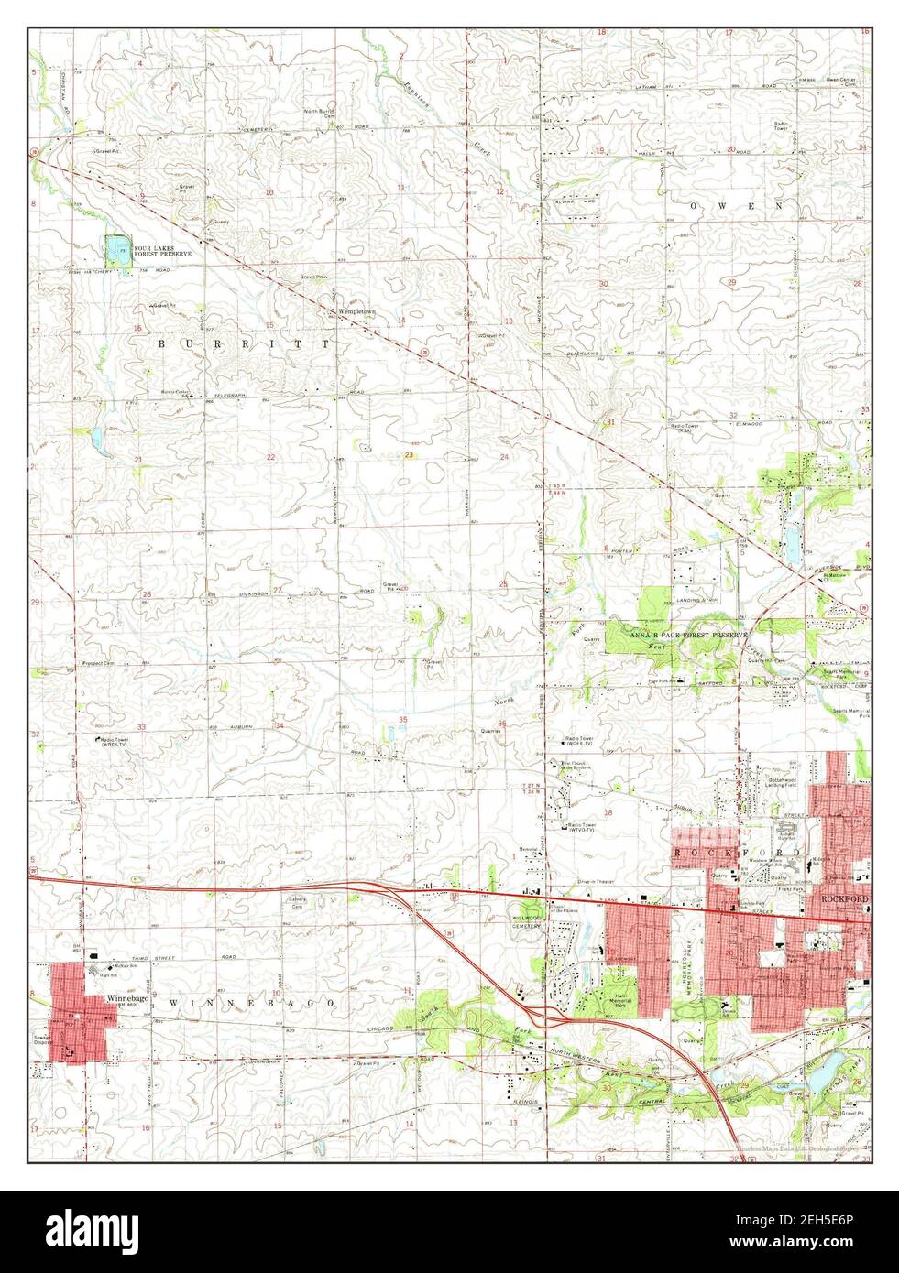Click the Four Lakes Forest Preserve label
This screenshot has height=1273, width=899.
162,250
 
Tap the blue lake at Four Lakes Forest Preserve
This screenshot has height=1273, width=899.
115,249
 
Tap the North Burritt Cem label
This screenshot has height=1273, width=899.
321,114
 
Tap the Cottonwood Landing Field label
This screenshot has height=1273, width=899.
782,781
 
